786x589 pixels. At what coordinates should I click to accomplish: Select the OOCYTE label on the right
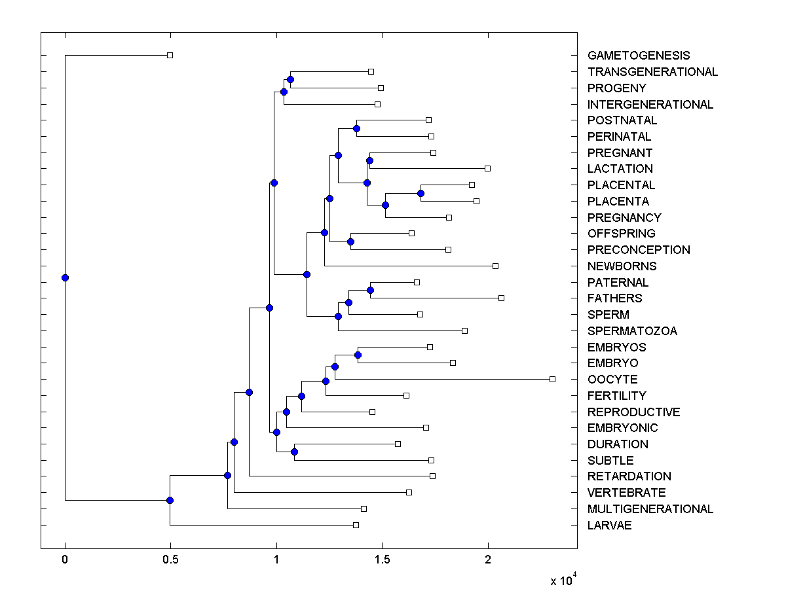click(612, 380)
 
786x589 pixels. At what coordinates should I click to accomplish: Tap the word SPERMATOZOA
click(632, 331)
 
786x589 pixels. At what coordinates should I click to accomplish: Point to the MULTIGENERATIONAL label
click(650, 509)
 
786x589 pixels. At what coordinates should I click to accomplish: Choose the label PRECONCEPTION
click(639, 250)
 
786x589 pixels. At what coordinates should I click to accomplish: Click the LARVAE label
click(610, 525)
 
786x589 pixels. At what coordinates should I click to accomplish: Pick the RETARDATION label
click(629, 476)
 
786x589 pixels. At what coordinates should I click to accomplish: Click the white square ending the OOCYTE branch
click(552, 379)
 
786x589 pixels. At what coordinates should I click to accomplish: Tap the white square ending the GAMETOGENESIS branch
click(170, 55)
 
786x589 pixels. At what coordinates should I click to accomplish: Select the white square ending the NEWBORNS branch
click(495, 266)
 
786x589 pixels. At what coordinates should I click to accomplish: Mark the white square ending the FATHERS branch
click(501, 298)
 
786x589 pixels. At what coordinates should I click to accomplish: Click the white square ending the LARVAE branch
click(356, 525)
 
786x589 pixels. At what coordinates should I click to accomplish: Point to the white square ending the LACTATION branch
click(487, 168)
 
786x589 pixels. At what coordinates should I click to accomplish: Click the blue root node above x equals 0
click(65, 277)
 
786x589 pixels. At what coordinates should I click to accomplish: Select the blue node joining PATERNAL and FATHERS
click(370, 290)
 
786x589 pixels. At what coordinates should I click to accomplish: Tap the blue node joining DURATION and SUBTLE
click(294, 452)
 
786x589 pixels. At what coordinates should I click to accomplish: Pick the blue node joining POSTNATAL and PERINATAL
click(356, 128)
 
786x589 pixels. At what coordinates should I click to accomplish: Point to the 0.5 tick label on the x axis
click(170, 560)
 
